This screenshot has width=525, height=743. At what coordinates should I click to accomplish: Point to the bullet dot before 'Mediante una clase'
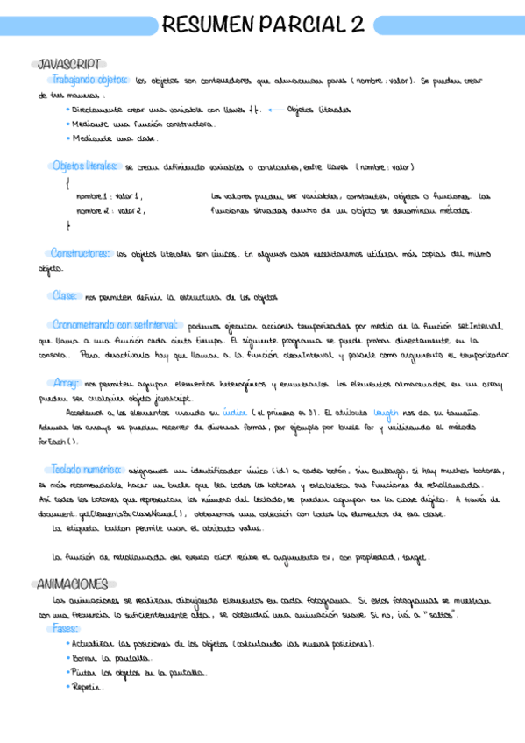68,138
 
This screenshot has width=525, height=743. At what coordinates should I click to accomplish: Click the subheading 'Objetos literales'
85,166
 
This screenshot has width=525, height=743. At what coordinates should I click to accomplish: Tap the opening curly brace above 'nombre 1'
67,183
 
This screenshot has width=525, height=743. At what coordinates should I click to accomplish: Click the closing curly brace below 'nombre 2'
67,226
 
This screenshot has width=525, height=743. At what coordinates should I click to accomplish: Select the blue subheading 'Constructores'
80,252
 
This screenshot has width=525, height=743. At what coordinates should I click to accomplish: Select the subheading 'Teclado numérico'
87,469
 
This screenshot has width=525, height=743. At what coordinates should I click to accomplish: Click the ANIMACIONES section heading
74,584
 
